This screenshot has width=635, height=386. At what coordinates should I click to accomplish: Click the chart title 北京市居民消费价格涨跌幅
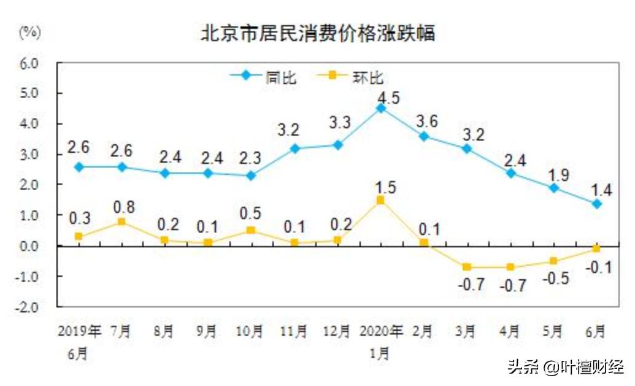click(x=318, y=33)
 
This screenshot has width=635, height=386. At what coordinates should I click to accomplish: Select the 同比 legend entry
click(x=264, y=77)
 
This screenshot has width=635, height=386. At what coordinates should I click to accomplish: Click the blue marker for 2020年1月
click(x=381, y=108)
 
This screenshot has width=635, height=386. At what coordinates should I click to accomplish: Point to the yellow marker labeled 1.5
click(x=381, y=200)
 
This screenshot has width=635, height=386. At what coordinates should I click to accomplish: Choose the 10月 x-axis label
click(x=250, y=332)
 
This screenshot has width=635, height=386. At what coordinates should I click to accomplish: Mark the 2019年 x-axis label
click(x=79, y=332)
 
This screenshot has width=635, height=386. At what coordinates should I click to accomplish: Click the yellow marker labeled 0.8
click(x=121, y=222)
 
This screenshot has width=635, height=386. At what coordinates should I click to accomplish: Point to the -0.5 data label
click(x=556, y=279)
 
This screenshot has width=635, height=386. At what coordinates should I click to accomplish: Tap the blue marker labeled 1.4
click(x=596, y=203)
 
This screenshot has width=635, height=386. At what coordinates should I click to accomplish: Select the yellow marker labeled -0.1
click(x=596, y=249)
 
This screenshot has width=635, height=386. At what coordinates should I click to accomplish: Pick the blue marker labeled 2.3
click(x=250, y=176)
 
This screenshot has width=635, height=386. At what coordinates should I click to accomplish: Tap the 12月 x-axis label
click(x=336, y=332)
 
